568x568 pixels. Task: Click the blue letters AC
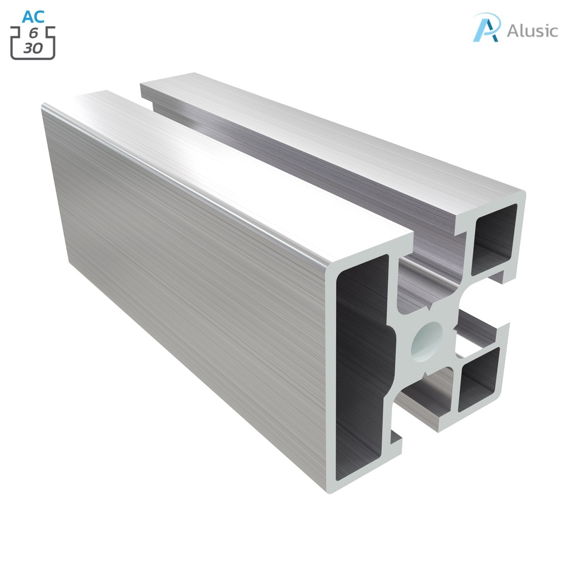click(33, 17)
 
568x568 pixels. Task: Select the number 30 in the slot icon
click(33, 48)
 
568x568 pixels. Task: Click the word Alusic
click(532, 31)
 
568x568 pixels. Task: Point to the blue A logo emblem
click(486, 27)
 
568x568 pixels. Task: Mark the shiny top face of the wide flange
click(233, 166)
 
